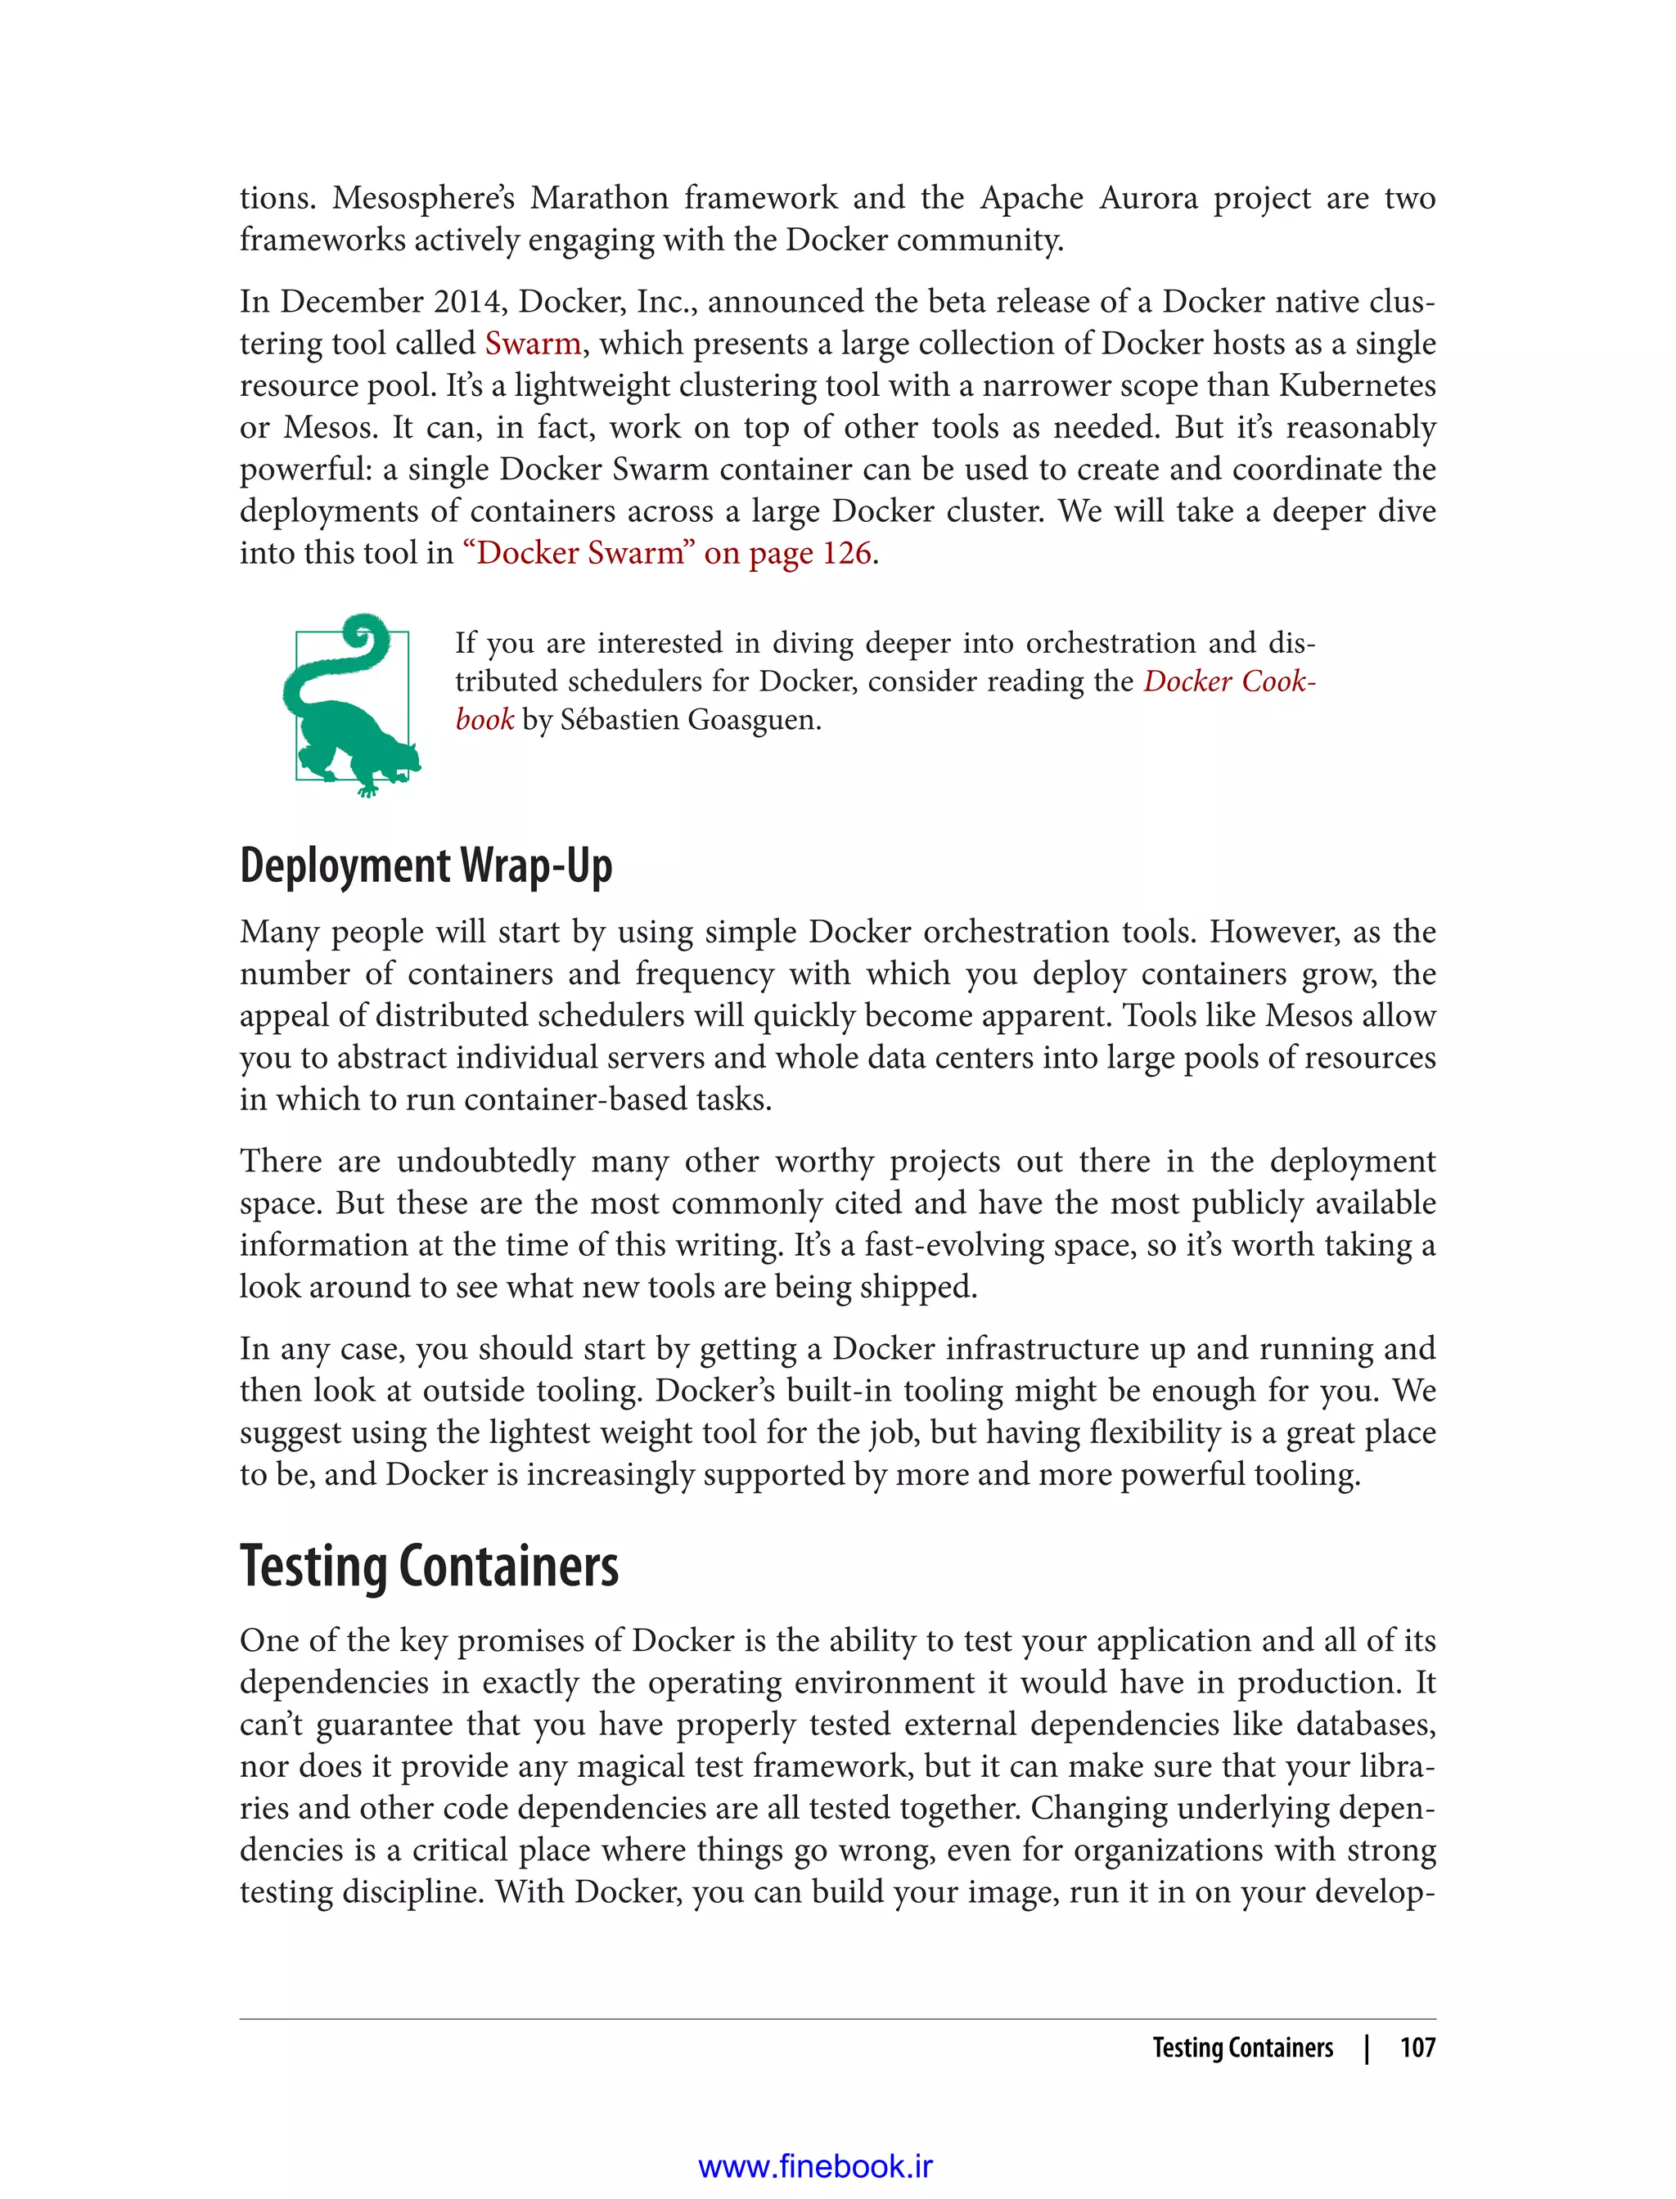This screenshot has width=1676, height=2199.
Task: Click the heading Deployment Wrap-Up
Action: point(426,866)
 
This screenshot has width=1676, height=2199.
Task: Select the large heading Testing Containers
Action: point(429,1566)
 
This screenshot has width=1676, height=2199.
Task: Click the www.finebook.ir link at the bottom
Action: point(815,2166)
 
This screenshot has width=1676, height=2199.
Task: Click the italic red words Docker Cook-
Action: point(1229,681)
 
